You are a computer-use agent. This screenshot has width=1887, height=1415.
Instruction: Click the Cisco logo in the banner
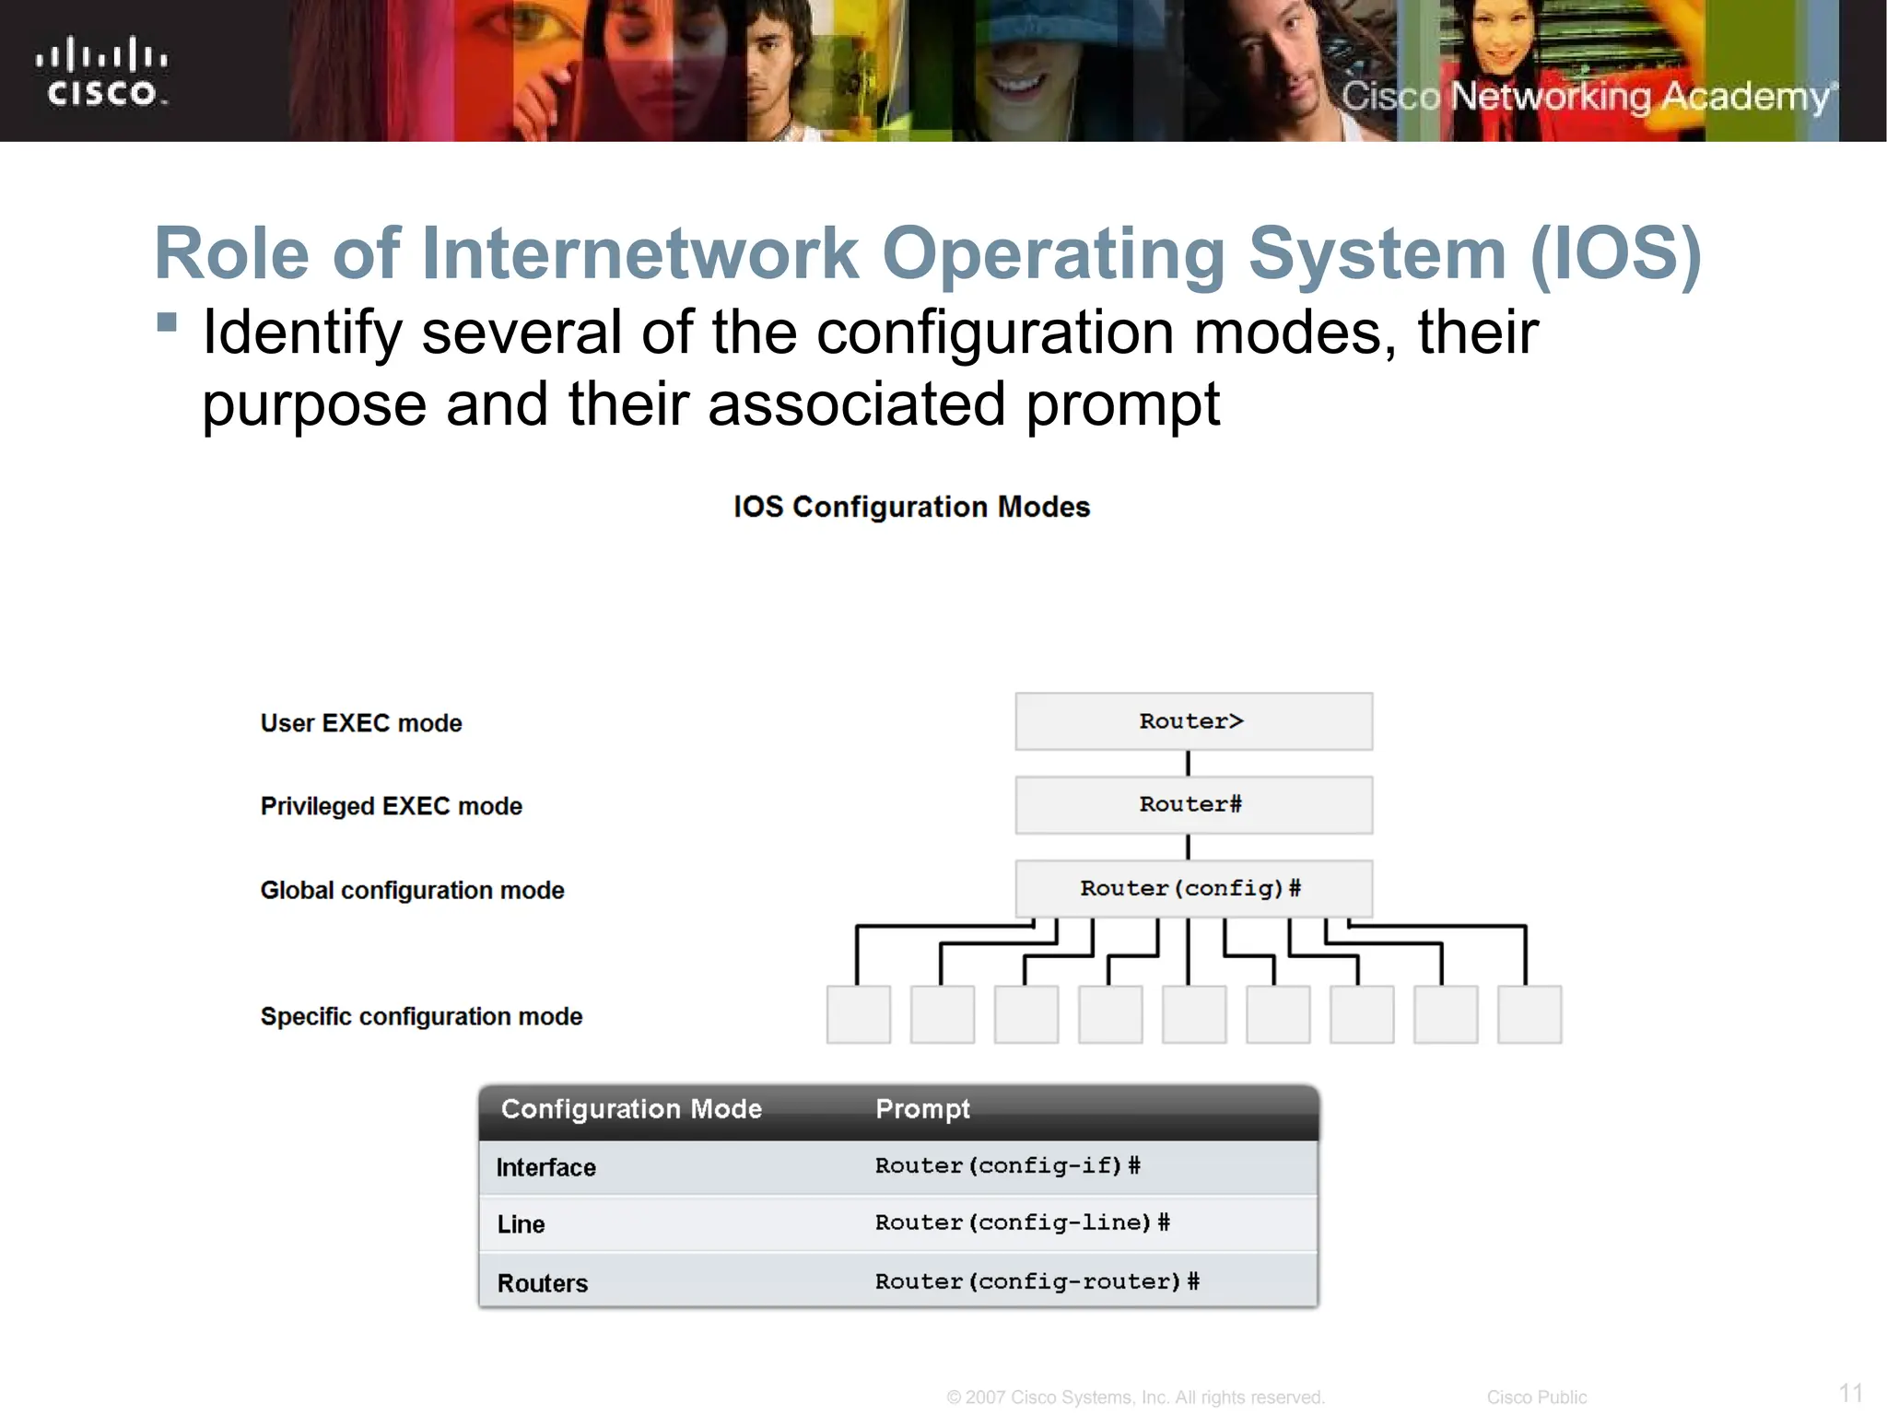pos(102,72)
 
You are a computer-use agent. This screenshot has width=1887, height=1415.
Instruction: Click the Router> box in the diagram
pos(1193,721)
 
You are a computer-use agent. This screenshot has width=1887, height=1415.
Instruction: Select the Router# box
pos(1193,805)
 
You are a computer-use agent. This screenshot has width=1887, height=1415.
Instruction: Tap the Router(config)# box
pos(1193,888)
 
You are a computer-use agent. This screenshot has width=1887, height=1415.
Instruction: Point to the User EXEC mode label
pos(361,723)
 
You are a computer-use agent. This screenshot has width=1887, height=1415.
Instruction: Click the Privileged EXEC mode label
pos(391,806)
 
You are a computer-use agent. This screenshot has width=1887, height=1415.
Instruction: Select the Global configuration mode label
pos(412,890)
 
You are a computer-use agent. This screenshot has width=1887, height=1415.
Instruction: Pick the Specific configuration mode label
pos(421,1016)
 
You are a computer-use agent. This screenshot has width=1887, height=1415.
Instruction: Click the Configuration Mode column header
pos(631,1108)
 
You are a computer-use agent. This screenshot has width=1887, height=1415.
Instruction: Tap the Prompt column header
pos(922,1108)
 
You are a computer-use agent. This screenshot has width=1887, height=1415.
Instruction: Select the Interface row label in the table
pos(546,1167)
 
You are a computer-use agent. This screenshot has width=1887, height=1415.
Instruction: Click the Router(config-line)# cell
pos(1022,1222)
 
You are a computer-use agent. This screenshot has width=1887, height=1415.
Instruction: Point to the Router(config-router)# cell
pos(1037,1281)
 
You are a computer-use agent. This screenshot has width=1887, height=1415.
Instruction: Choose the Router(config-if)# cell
pos(1007,1165)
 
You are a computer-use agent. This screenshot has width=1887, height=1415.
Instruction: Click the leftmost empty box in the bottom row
pos(858,1014)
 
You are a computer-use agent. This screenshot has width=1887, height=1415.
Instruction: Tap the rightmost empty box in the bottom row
pos(1529,1014)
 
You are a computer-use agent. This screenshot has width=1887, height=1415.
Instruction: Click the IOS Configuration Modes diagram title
pos(911,507)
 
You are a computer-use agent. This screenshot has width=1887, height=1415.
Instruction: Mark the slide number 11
pos(1851,1392)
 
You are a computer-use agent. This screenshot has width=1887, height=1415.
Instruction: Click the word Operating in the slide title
pos(1053,253)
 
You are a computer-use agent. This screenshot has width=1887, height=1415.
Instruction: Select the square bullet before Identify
pos(167,322)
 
